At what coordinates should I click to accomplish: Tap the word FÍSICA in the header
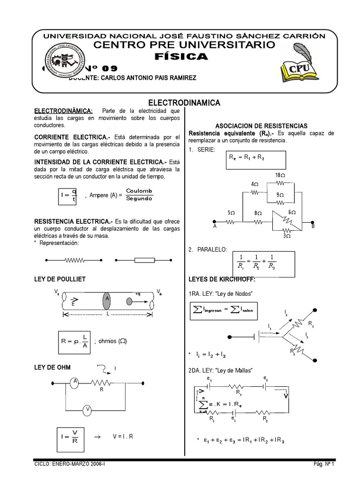(180, 56)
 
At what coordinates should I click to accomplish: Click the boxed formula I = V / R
(68, 436)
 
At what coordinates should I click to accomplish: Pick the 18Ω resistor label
(280, 175)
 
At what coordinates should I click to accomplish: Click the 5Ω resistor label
(231, 213)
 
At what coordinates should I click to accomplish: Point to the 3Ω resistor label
(287, 236)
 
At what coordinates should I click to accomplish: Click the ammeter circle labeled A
(74, 382)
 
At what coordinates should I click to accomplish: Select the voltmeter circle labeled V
(87, 410)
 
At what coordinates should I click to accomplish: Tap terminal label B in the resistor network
(313, 226)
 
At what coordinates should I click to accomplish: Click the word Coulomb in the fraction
(139, 190)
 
